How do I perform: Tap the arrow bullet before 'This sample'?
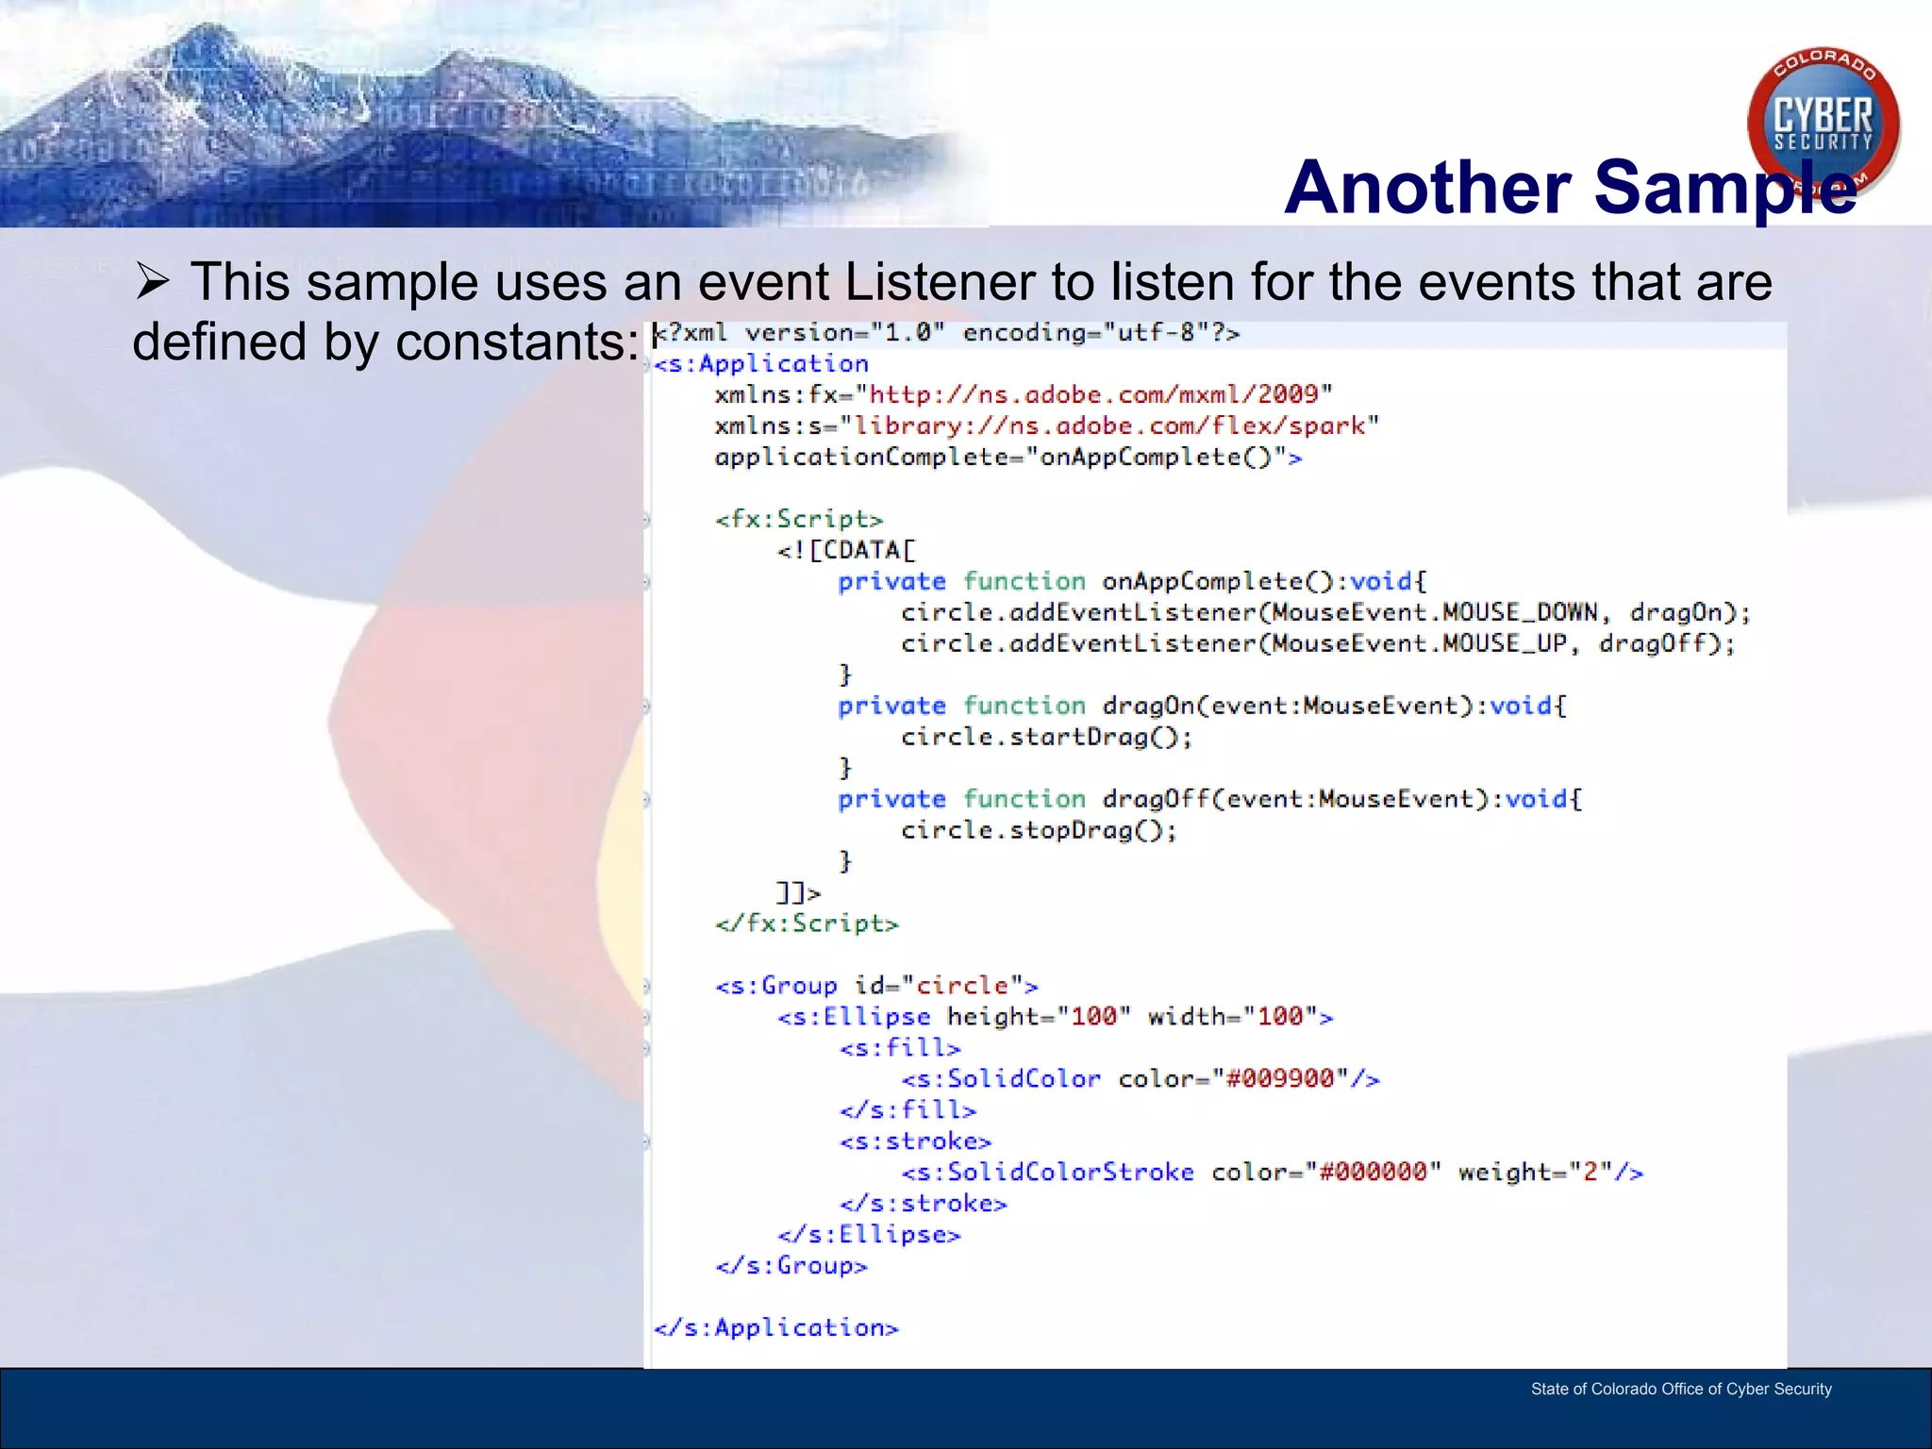coord(152,281)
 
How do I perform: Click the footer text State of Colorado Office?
coord(1680,1389)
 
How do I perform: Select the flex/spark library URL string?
coord(1108,425)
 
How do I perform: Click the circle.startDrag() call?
coord(1046,737)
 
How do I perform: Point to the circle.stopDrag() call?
coord(1039,830)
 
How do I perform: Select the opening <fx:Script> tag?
coord(799,519)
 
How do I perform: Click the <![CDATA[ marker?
coord(846,550)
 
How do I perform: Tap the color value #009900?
coord(1279,1078)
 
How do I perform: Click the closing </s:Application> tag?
coord(776,1327)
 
